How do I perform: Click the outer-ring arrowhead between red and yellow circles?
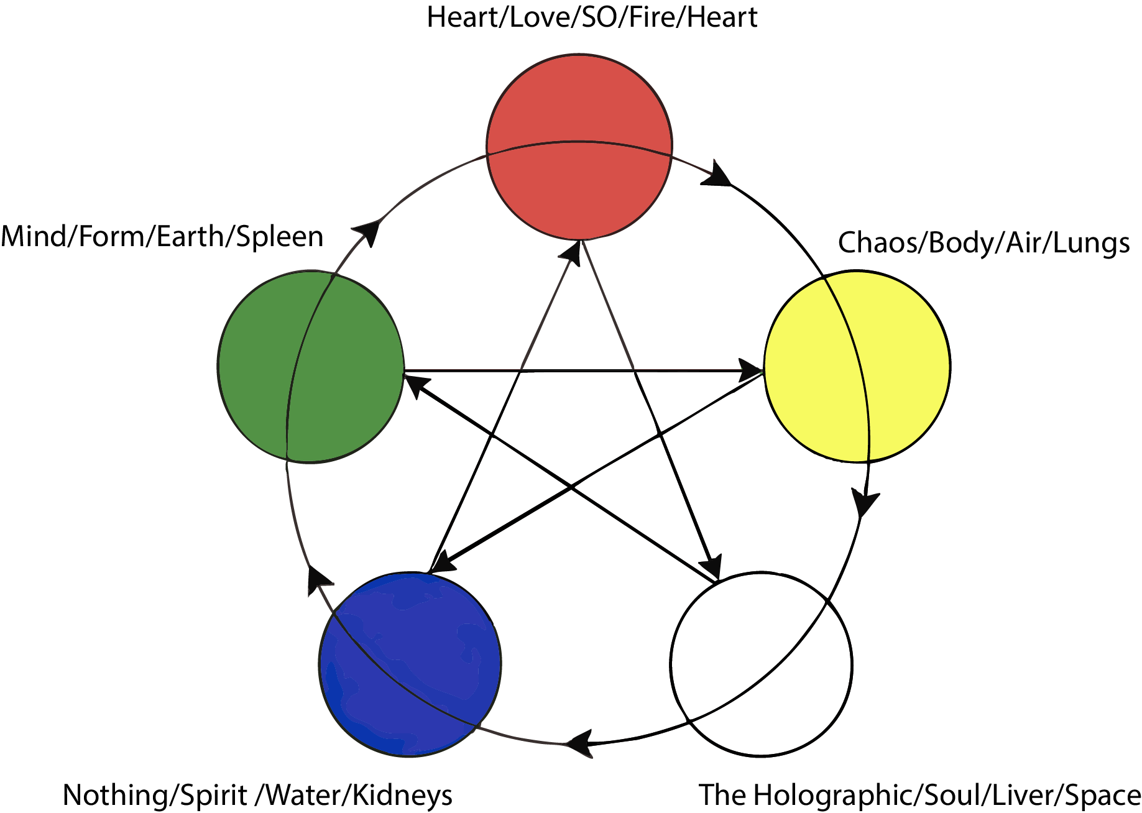point(717,175)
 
